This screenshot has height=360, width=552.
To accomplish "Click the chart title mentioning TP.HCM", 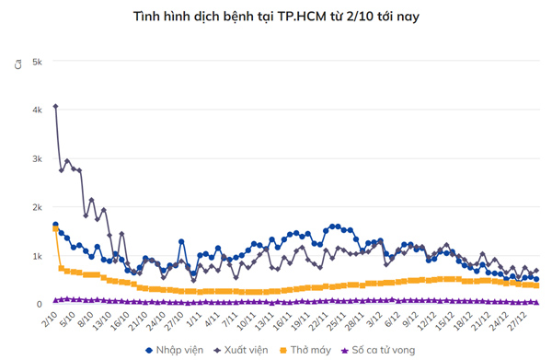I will [275, 17].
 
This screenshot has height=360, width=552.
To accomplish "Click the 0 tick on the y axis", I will [39, 304].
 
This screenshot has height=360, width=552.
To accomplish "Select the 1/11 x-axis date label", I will [193, 320].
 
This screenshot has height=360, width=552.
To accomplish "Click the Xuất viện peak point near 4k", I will [55, 106].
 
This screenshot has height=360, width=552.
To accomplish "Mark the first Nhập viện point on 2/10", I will [55, 225].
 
